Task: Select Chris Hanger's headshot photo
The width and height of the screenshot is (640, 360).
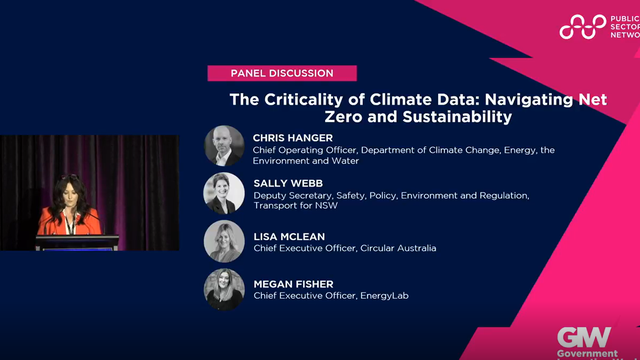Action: tap(223, 145)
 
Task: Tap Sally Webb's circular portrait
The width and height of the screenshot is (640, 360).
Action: tap(223, 192)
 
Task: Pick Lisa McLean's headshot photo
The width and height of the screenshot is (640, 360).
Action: tap(223, 241)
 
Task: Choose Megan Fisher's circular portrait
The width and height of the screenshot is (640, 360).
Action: tap(223, 289)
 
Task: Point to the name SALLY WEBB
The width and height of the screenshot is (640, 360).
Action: tap(284, 183)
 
